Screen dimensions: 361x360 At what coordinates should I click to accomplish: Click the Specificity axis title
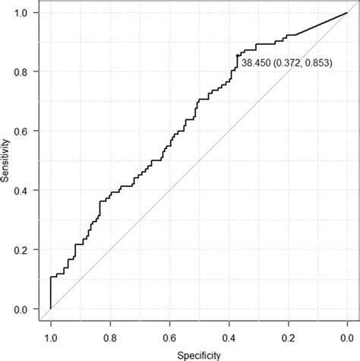pos(198,354)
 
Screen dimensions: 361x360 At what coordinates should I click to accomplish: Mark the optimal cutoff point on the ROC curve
pos(237,56)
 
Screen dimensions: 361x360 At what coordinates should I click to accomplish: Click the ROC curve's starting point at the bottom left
pos(51,309)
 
